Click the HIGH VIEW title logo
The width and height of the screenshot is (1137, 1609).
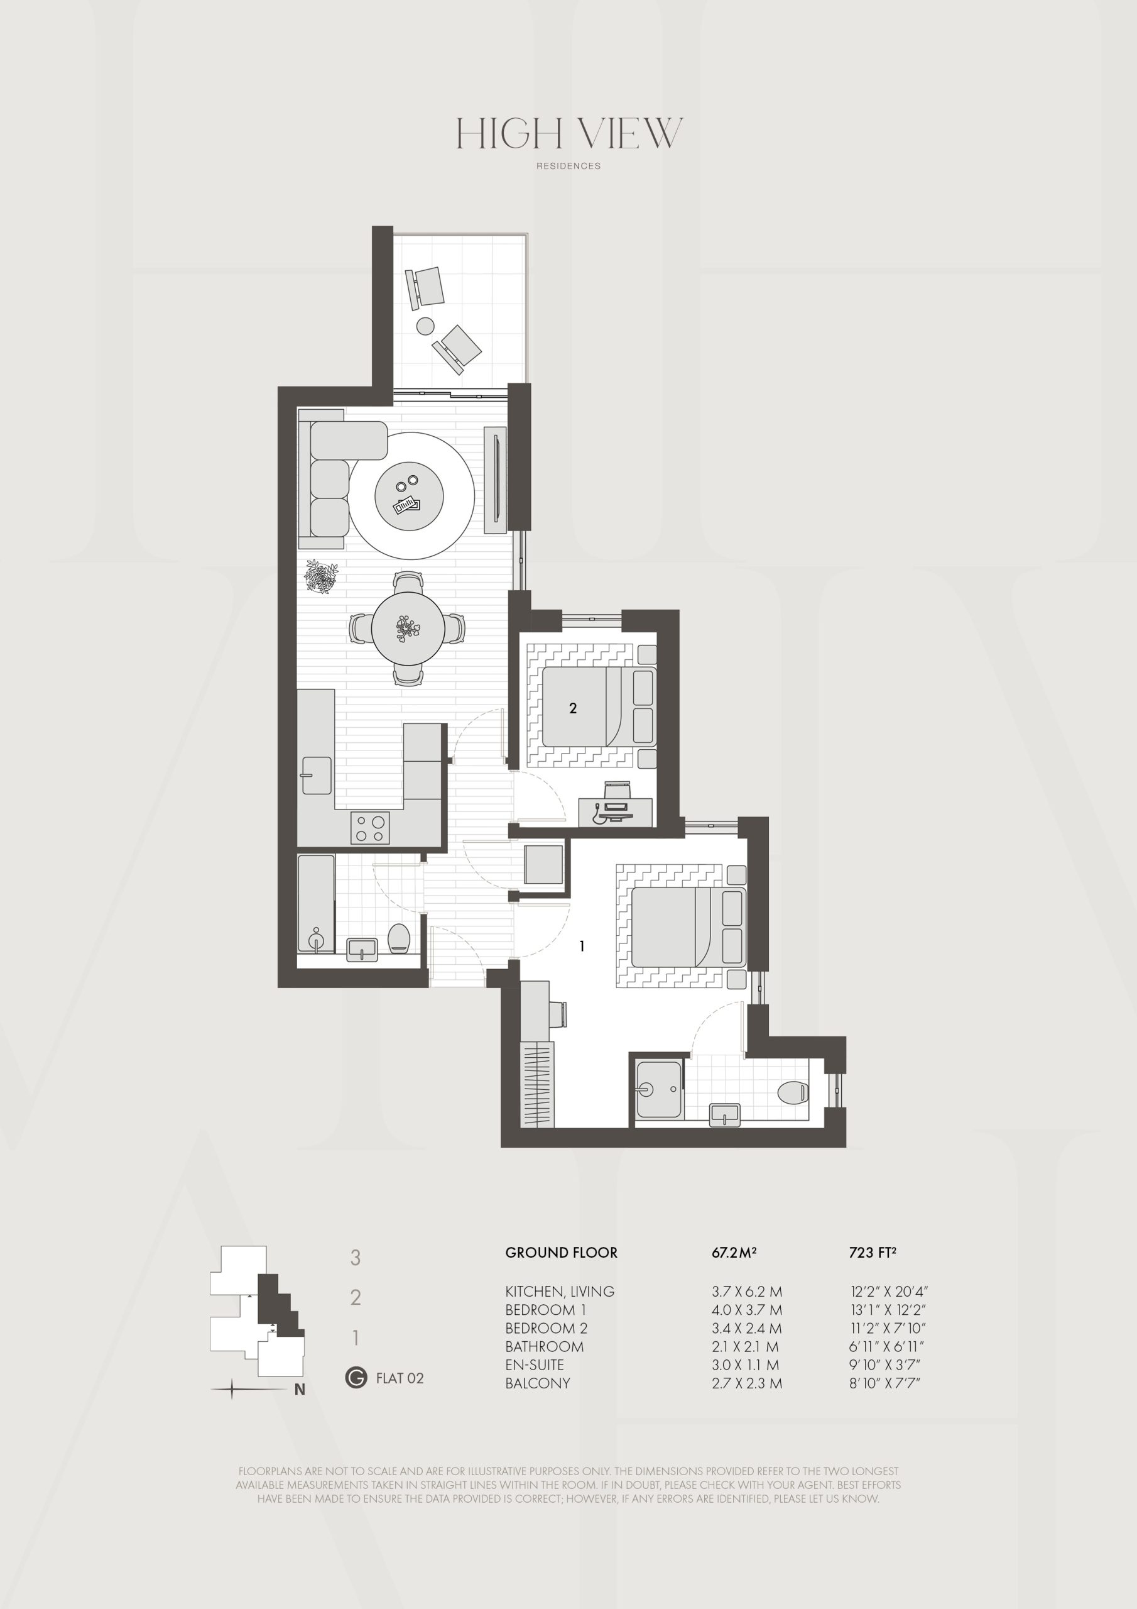pyautogui.click(x=569, y=133)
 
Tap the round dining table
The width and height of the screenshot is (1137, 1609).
pyautogui.click(x=408, y=628)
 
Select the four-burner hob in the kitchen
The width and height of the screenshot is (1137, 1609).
pyautogui.click(x=371, y=827)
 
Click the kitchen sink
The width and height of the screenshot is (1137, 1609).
pyautogui.click(x=317, y=775)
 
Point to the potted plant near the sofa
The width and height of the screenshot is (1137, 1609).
pyautogui.click(x=322, y=577)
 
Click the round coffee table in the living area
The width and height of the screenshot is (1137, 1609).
pyautogui.click(x=409, y=495)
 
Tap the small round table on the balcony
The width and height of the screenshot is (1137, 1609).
pyautogui.click(x=425, y=326)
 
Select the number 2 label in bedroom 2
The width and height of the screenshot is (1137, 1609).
pyautogui.click(x=573, y=708)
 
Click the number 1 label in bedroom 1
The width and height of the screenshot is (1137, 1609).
pyautogui.click(x=582, y=946)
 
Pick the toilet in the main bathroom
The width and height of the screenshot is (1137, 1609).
pyautogui.click(x=399, y=938)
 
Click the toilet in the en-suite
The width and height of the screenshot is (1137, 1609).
pyautogui.click(x=794, y=1092)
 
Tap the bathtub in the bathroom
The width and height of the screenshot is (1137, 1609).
pyautogui.click(x=316, y=903)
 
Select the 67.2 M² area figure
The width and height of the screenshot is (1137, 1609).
pyautogui.click(x=734, y=1252)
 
